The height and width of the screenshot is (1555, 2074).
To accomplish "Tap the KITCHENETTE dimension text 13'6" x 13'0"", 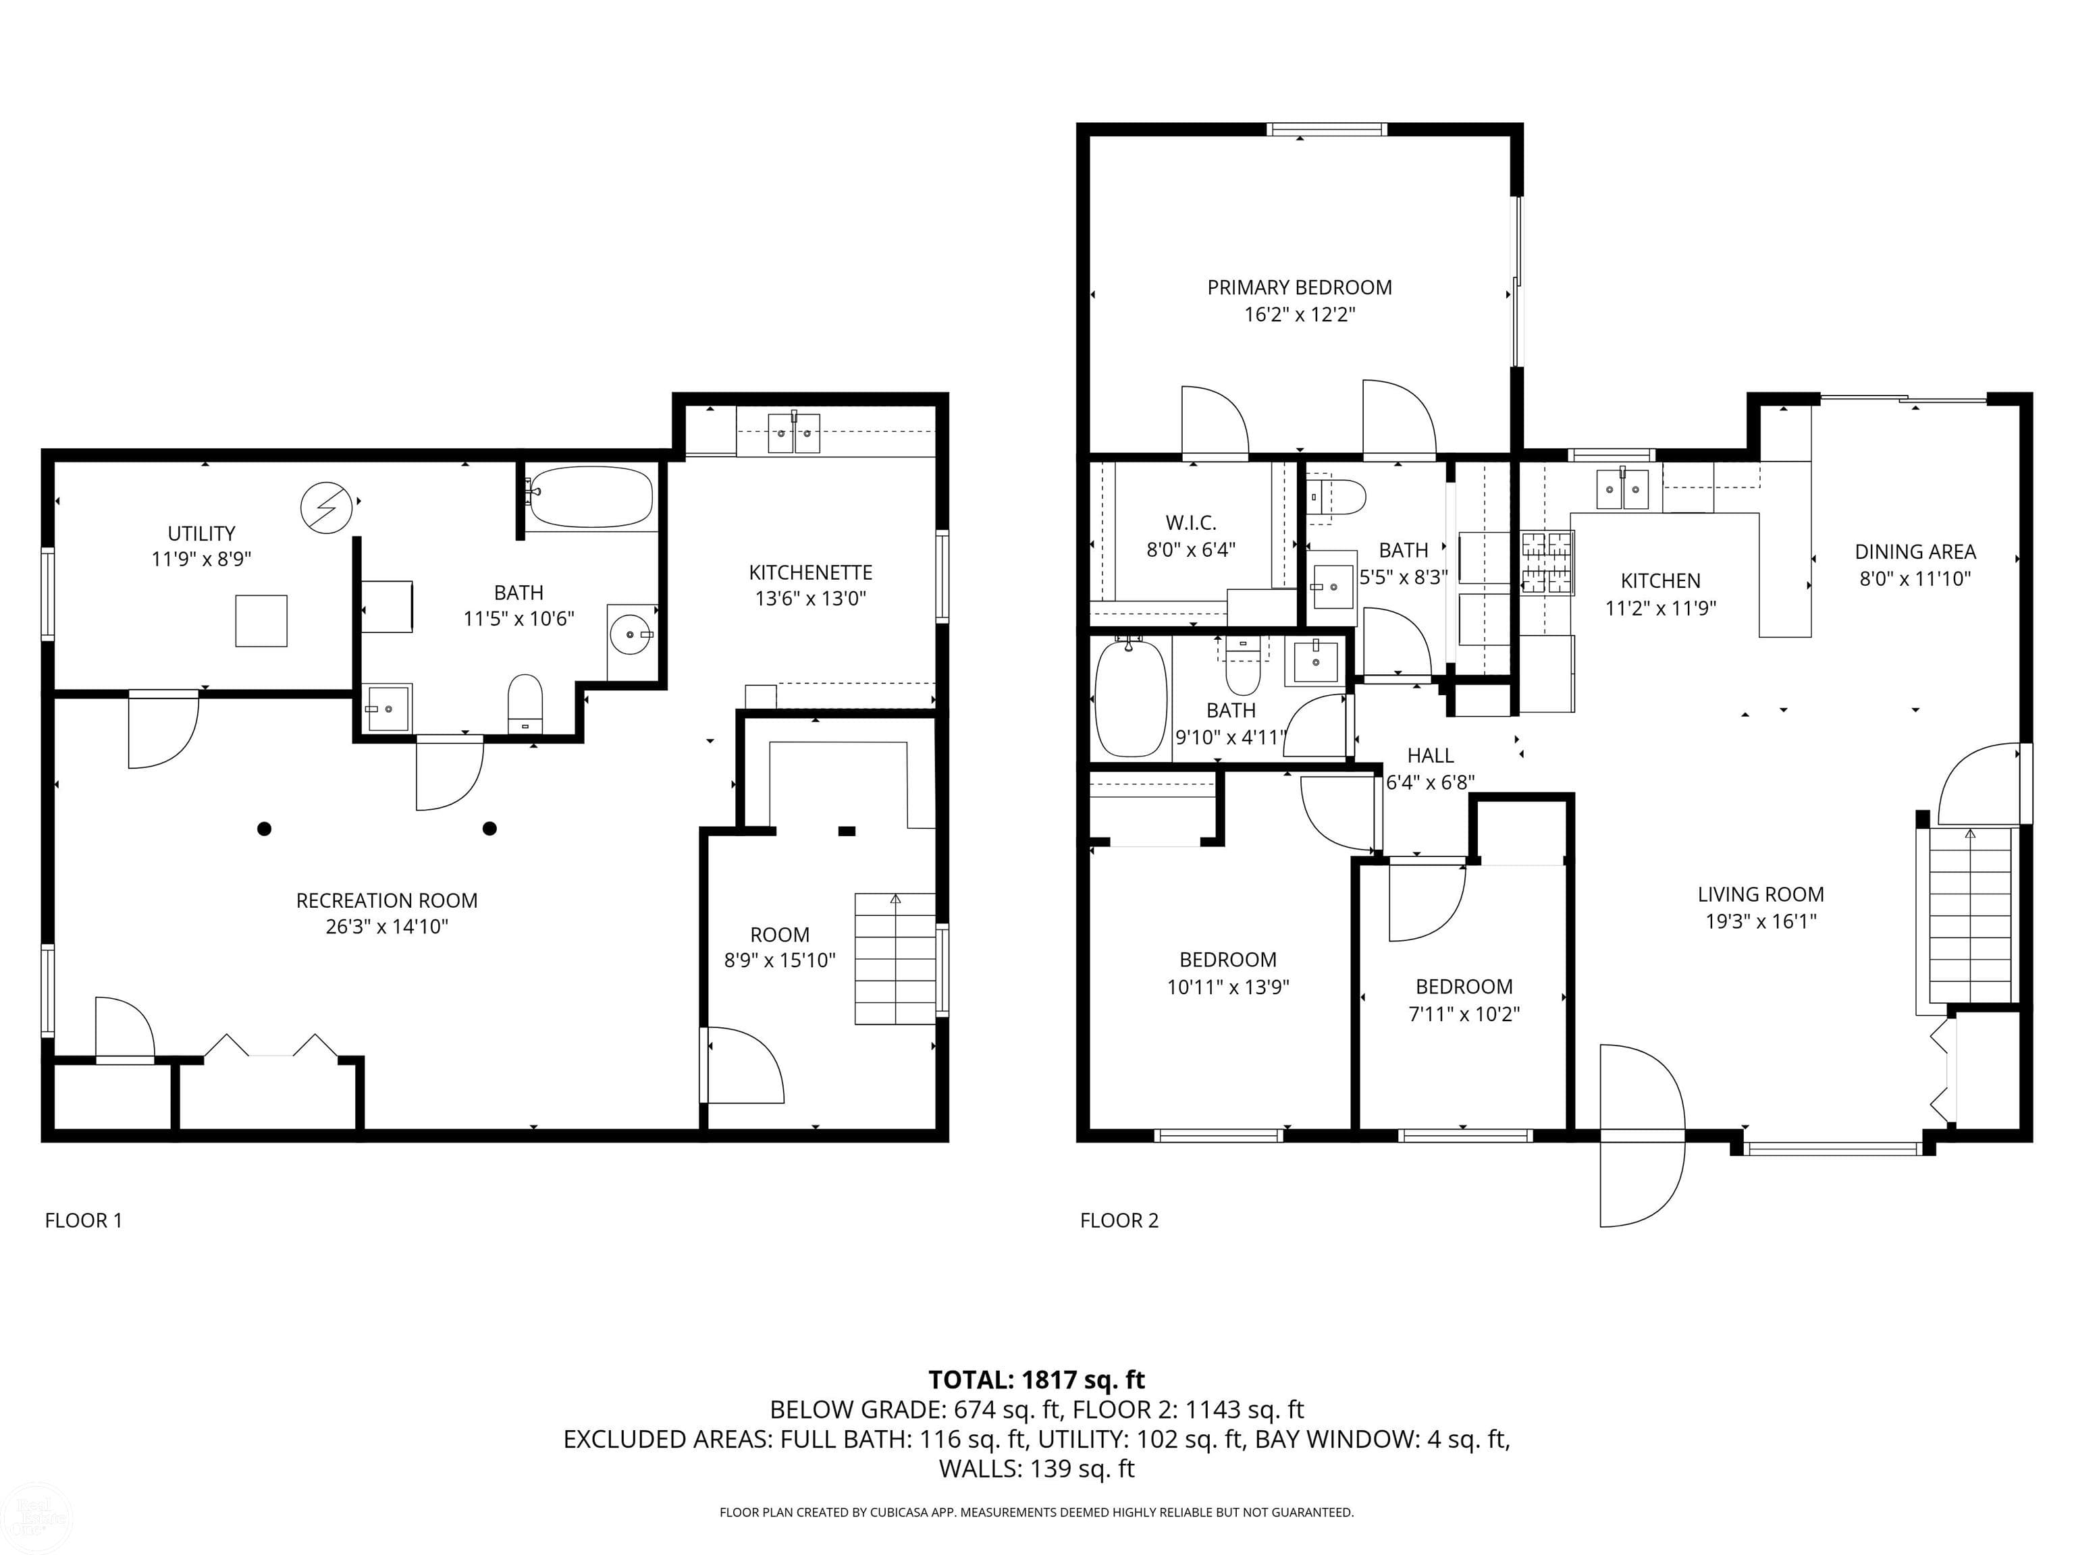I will (810, 598).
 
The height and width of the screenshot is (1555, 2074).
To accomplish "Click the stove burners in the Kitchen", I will (1546, 562).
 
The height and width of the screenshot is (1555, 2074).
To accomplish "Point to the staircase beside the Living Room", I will (1969, 916).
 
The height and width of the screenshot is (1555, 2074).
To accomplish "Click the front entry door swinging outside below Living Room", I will (1641, 1181).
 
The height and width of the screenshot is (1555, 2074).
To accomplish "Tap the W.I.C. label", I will (1191, 523).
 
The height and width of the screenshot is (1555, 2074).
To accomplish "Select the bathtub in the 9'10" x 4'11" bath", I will (1131, 699).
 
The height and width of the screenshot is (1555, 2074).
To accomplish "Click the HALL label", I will (1430, 755).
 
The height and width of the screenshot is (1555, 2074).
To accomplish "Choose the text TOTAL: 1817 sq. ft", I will (1036, 1380).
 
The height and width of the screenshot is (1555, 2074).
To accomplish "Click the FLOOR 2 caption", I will (1119, 1220).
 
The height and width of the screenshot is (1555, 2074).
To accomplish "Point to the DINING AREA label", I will (1915, 552).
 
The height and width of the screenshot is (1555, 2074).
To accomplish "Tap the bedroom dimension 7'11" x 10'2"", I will (1463, 1013).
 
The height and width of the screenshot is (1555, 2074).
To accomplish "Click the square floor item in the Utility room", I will (261, 620).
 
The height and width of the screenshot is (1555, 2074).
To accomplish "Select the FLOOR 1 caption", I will (84, 1220).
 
